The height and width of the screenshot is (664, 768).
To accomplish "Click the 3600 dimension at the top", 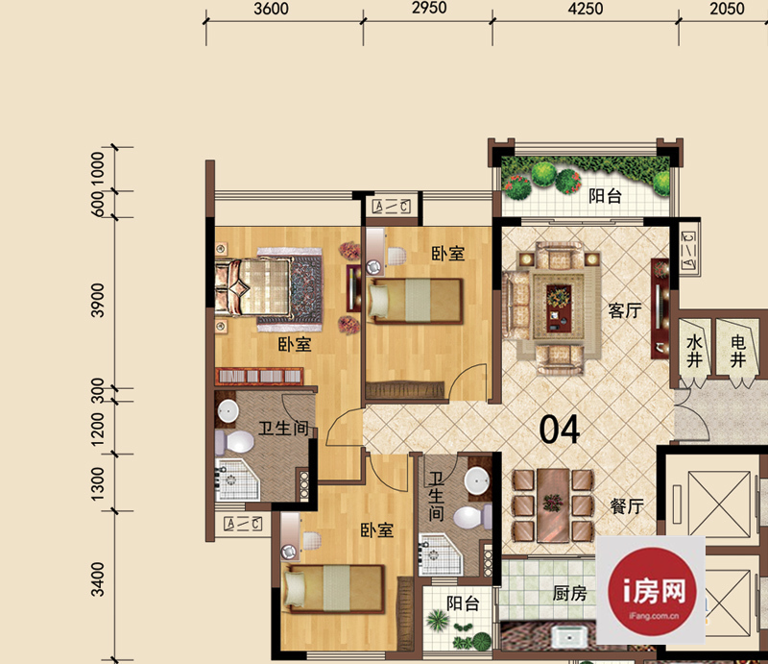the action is (271, 9).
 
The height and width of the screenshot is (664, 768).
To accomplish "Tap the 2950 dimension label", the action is (429, 8).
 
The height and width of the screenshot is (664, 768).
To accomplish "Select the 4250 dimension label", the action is (586, 9).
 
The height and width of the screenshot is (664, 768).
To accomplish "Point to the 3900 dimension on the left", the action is (98, 300).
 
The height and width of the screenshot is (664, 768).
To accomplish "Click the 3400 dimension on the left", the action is (98, 579).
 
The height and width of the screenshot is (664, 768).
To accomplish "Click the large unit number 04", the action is (560, 430).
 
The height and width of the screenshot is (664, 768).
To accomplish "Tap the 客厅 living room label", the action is (625, 310).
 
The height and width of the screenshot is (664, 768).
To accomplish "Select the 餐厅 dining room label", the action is (627, 506).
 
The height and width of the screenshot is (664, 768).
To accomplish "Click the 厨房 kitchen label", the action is (569, 594).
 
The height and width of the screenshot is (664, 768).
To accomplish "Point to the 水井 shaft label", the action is (694, 351).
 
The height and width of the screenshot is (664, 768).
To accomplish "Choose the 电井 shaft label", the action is (737, 351).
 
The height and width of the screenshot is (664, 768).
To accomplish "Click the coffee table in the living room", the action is (559, 305).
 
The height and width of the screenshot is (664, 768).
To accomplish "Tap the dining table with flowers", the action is (553, 505).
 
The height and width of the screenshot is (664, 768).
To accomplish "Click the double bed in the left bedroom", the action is (267, 287).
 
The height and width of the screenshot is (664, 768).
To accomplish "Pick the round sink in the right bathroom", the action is (477, 480).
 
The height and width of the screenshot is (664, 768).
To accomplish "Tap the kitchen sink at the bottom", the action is (570, 636).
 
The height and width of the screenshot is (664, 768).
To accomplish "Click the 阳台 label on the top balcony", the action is (605, 196).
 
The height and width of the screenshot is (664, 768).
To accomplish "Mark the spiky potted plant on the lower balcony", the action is (437, 620).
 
